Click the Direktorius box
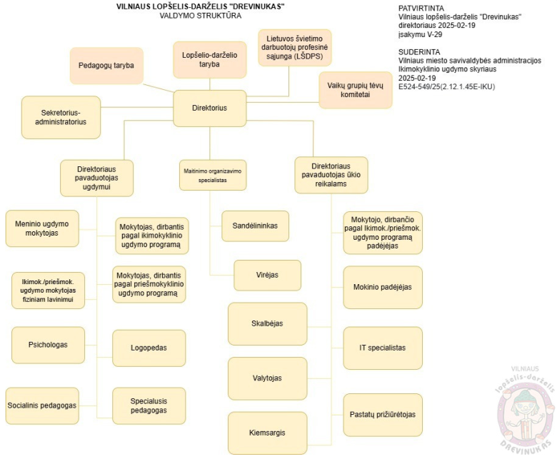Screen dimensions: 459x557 (x=210, y=109)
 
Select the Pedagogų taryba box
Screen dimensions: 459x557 (x=106, y=66)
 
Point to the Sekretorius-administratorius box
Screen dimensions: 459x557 (x=61, y=117)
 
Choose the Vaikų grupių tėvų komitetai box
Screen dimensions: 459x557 (x=356, y=90)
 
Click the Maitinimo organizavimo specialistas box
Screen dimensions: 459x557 (x=211, y=176)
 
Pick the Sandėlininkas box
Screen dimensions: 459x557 (x=255, y=226)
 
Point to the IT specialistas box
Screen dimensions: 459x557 (x=383, y=348)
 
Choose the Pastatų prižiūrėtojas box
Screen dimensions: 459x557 (x=383, y=414)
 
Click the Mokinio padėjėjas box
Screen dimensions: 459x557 (x=383, y=287)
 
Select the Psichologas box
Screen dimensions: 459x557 (x=47, y=345)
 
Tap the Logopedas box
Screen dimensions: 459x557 (x=149, y=348)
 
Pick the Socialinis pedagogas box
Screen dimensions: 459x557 (x=41, y=405)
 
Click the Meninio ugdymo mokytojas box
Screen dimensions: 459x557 (x=41, y=228)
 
